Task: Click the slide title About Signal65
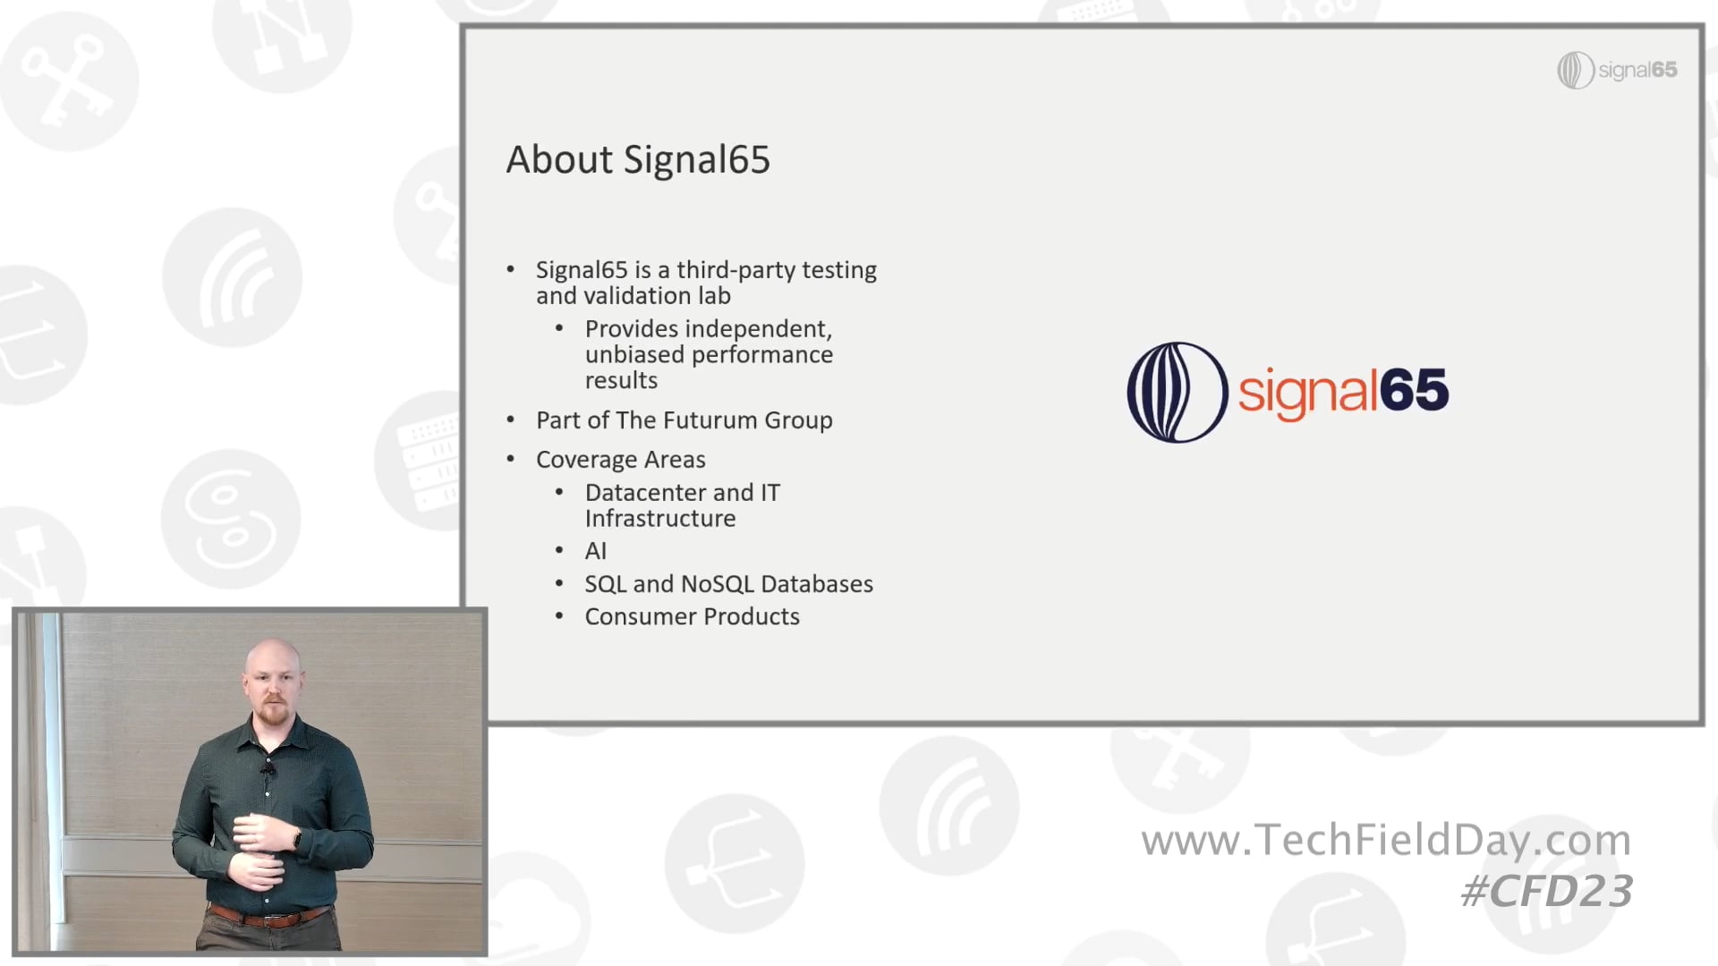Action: [x=638, y=160]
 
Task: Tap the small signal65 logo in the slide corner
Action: [x=1617, y=70]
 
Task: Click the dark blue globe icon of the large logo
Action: [x=1177, y=392]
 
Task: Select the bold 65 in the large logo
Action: [x=1414, y=390]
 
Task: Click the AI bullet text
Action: [x=596, y=552]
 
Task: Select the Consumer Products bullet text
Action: [x=692, y=617]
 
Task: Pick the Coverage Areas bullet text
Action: [x=621, y=460]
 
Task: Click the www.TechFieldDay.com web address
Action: [x=1386, y=841]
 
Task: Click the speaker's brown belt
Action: [x=269, y=917]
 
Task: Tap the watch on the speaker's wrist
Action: [x=297, y=840]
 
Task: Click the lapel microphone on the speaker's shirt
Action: [x=268, y=769]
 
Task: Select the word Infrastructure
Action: [x=660, y=519]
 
